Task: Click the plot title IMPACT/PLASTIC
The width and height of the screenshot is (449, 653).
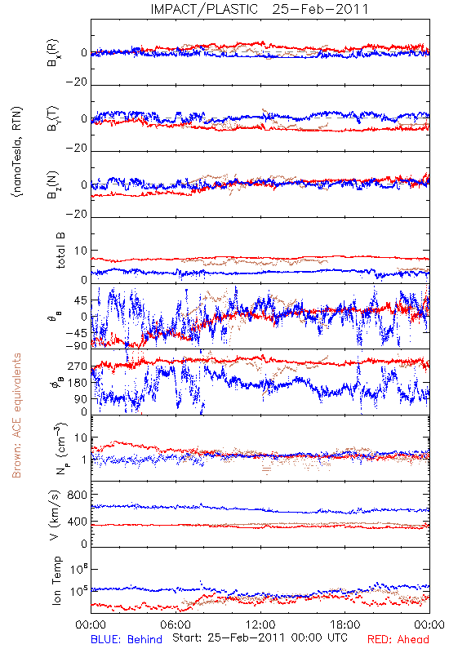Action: click(204, 9)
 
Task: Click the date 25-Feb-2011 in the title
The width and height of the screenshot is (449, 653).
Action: click(320, 9)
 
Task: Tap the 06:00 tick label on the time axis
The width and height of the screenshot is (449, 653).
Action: click(176, 624)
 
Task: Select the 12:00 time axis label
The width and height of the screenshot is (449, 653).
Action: click(260, 624)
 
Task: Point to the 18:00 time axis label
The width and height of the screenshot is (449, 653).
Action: click(345, 624)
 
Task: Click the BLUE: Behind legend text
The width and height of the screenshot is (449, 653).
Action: click(127, 639)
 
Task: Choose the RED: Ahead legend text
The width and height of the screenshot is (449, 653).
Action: click(398, 639)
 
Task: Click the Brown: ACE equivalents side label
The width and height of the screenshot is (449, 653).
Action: click(16, 415)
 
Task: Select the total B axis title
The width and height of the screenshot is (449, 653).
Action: click(60, 251)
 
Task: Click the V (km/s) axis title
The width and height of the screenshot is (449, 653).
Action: click(55, 515)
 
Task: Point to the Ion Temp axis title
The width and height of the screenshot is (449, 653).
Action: click(57, 580)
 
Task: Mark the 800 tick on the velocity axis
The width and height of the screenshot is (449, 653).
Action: click(78, 495)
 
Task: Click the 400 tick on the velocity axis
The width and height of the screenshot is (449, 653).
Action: click(78, 522)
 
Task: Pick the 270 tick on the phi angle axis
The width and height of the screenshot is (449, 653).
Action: click(78, 366)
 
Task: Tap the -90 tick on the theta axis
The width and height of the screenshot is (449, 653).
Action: click(76, 345)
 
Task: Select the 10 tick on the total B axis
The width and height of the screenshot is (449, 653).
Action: click(81, 251)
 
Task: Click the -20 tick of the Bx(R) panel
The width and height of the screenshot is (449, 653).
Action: click(76, 82)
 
